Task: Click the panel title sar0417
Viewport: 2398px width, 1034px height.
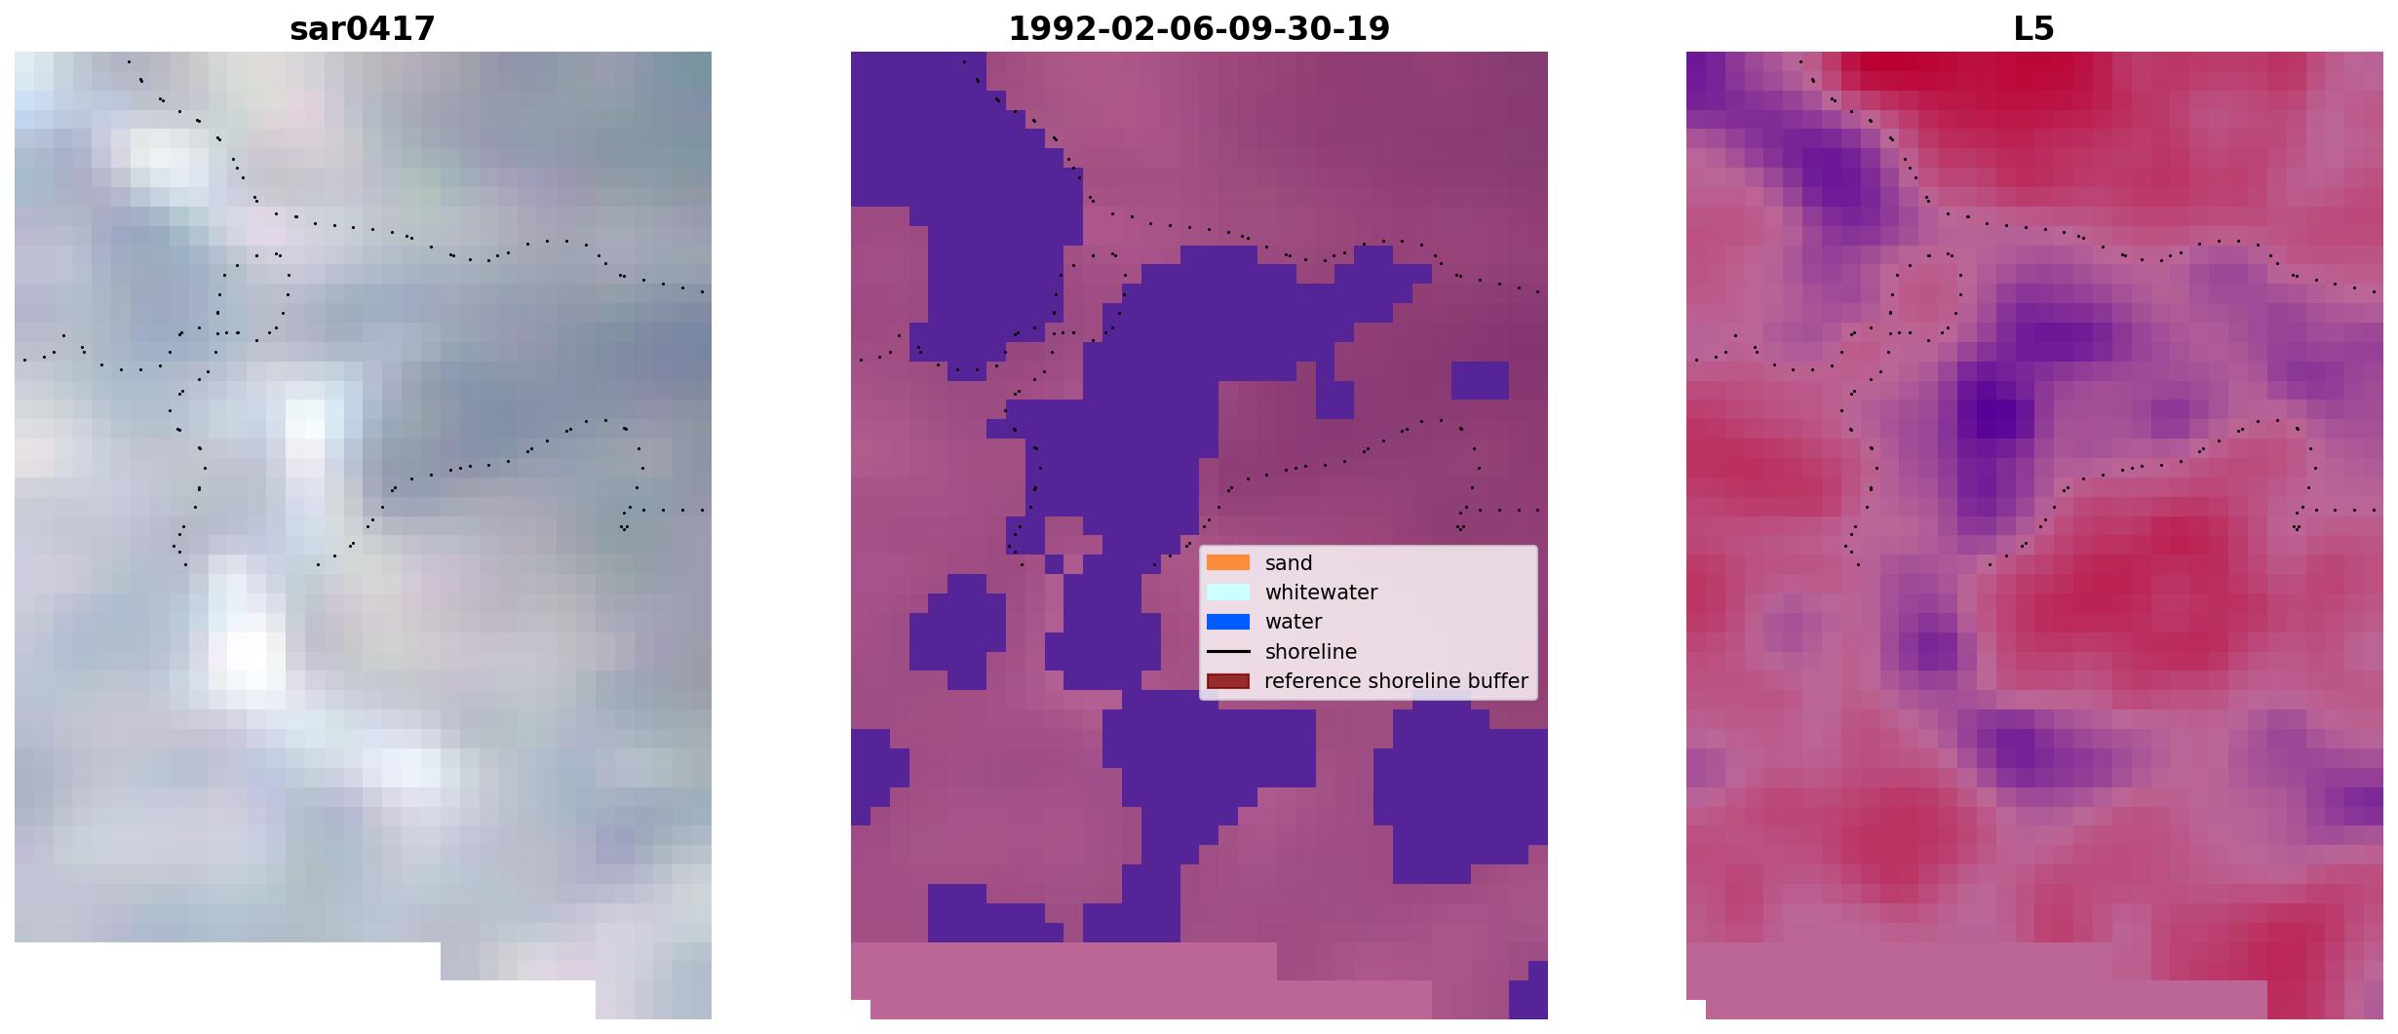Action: tap(363, 28)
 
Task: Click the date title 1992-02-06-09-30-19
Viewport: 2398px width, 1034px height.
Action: tap(1199, 28)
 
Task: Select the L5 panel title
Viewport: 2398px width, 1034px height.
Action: tap(2034, 28)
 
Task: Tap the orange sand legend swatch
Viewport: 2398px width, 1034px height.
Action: tap(1228, 562)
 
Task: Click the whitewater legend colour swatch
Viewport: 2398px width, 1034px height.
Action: tap(1228, 592)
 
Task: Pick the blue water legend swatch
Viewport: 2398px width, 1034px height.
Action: tap(1228, 622)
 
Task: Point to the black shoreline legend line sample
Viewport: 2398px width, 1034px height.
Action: tap(1228, 651)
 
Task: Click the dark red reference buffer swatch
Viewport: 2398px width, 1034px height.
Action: tap(1228, 681)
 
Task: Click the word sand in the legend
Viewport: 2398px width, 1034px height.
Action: tap(1289, 563)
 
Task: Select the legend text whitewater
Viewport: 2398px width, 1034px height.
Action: tap(1321, 593)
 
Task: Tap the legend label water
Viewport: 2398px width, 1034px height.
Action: tap(1294, 622)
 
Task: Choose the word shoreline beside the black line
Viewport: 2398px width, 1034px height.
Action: tap(1311, 651)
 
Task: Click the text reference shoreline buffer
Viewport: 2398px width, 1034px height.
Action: tap(1396, 681)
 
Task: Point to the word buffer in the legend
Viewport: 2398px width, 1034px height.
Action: tap(1497, 681)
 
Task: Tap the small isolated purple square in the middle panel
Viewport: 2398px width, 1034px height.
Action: tap(1480, 380)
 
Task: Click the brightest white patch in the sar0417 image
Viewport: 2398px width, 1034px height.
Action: tap(246, 651)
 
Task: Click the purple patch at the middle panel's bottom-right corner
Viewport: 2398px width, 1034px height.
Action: tap(1528, 990)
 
